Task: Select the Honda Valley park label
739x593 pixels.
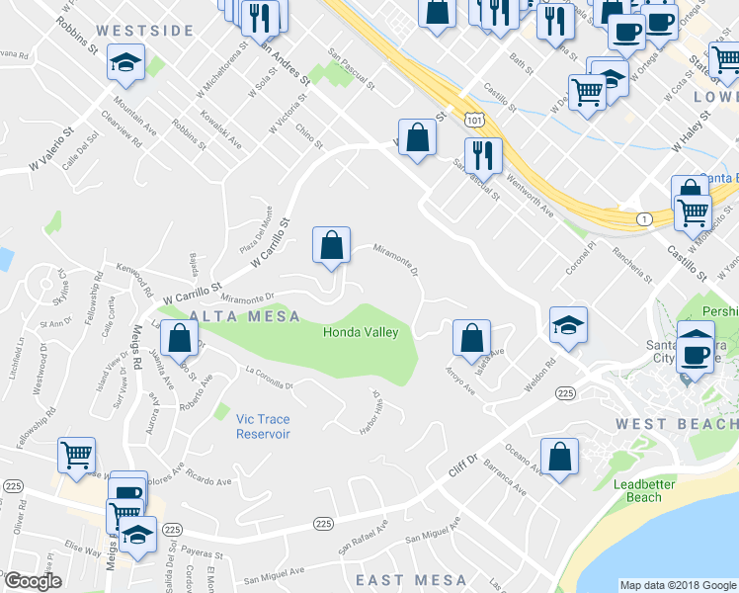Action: [x=361, y=332]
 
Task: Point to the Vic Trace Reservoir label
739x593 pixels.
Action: [x=264, y=426]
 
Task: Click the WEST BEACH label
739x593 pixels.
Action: [x=677, y=424]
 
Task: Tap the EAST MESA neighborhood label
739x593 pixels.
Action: [x=411, y=579]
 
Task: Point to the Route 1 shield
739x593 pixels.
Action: [x=644, y=218]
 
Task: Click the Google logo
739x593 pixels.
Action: [x=33, y=582]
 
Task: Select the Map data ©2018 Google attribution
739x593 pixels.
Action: [x=678, y=585]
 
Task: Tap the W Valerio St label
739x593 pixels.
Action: [x=53, y=147]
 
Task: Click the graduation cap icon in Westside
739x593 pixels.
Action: [x=125, y=63]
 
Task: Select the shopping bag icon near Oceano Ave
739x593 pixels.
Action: [x=558, y=457]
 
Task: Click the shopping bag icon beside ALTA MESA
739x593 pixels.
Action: [x=178, y=340]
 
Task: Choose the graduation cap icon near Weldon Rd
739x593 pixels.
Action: [x=568, y=324]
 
